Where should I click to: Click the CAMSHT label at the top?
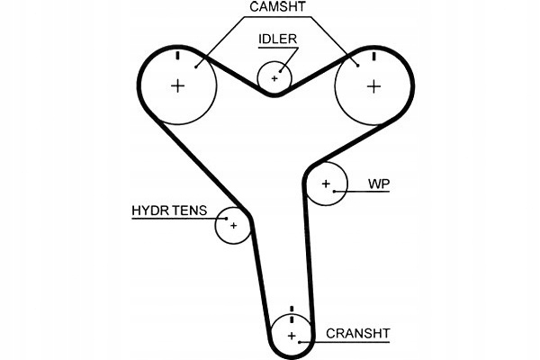pos(277,6)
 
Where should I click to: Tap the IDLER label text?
pos(277,39)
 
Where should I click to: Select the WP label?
pos(379,184)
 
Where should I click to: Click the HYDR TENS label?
pos(169,211)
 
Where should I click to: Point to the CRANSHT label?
pos(358,334)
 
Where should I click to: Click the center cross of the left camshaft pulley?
pos(177,85)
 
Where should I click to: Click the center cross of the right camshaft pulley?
pos(374,86)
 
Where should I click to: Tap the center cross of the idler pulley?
pos(274,78)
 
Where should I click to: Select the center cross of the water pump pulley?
pos(326,184)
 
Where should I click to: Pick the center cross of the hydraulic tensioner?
pos(234,226)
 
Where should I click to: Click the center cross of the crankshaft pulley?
pos(292,336)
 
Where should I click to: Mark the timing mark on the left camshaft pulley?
pos(177,55)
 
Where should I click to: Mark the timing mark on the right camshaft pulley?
pos(374,56)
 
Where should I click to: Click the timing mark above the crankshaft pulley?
pos(292,309)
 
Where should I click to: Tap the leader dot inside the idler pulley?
pos(280,72)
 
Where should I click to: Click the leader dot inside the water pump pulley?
pos(334,191)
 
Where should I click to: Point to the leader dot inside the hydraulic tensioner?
pos(226,219)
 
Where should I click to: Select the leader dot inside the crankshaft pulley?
pos(300,342)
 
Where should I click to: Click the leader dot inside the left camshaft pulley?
pos(195,67)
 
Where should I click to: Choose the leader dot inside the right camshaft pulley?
pos(358,66)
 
